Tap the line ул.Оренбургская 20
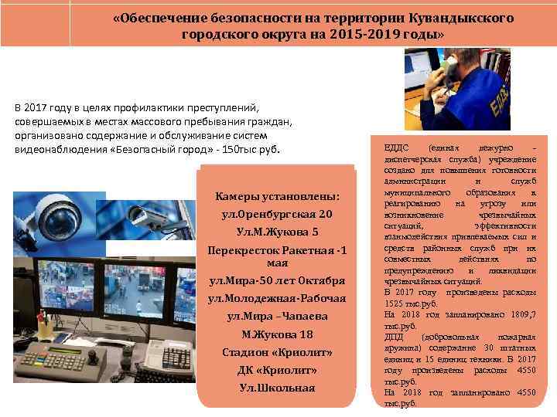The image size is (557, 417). (x=277, y=214)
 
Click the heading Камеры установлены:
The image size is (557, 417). (x=277, y=196)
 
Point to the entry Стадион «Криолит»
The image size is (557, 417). (x=277, y=352)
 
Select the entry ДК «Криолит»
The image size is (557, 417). (x=277, y=370)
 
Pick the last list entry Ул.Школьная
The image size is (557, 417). (x=277, y=387)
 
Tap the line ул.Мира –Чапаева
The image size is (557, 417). (x=277, y=317)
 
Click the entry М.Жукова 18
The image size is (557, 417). (x=277, y=334)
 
